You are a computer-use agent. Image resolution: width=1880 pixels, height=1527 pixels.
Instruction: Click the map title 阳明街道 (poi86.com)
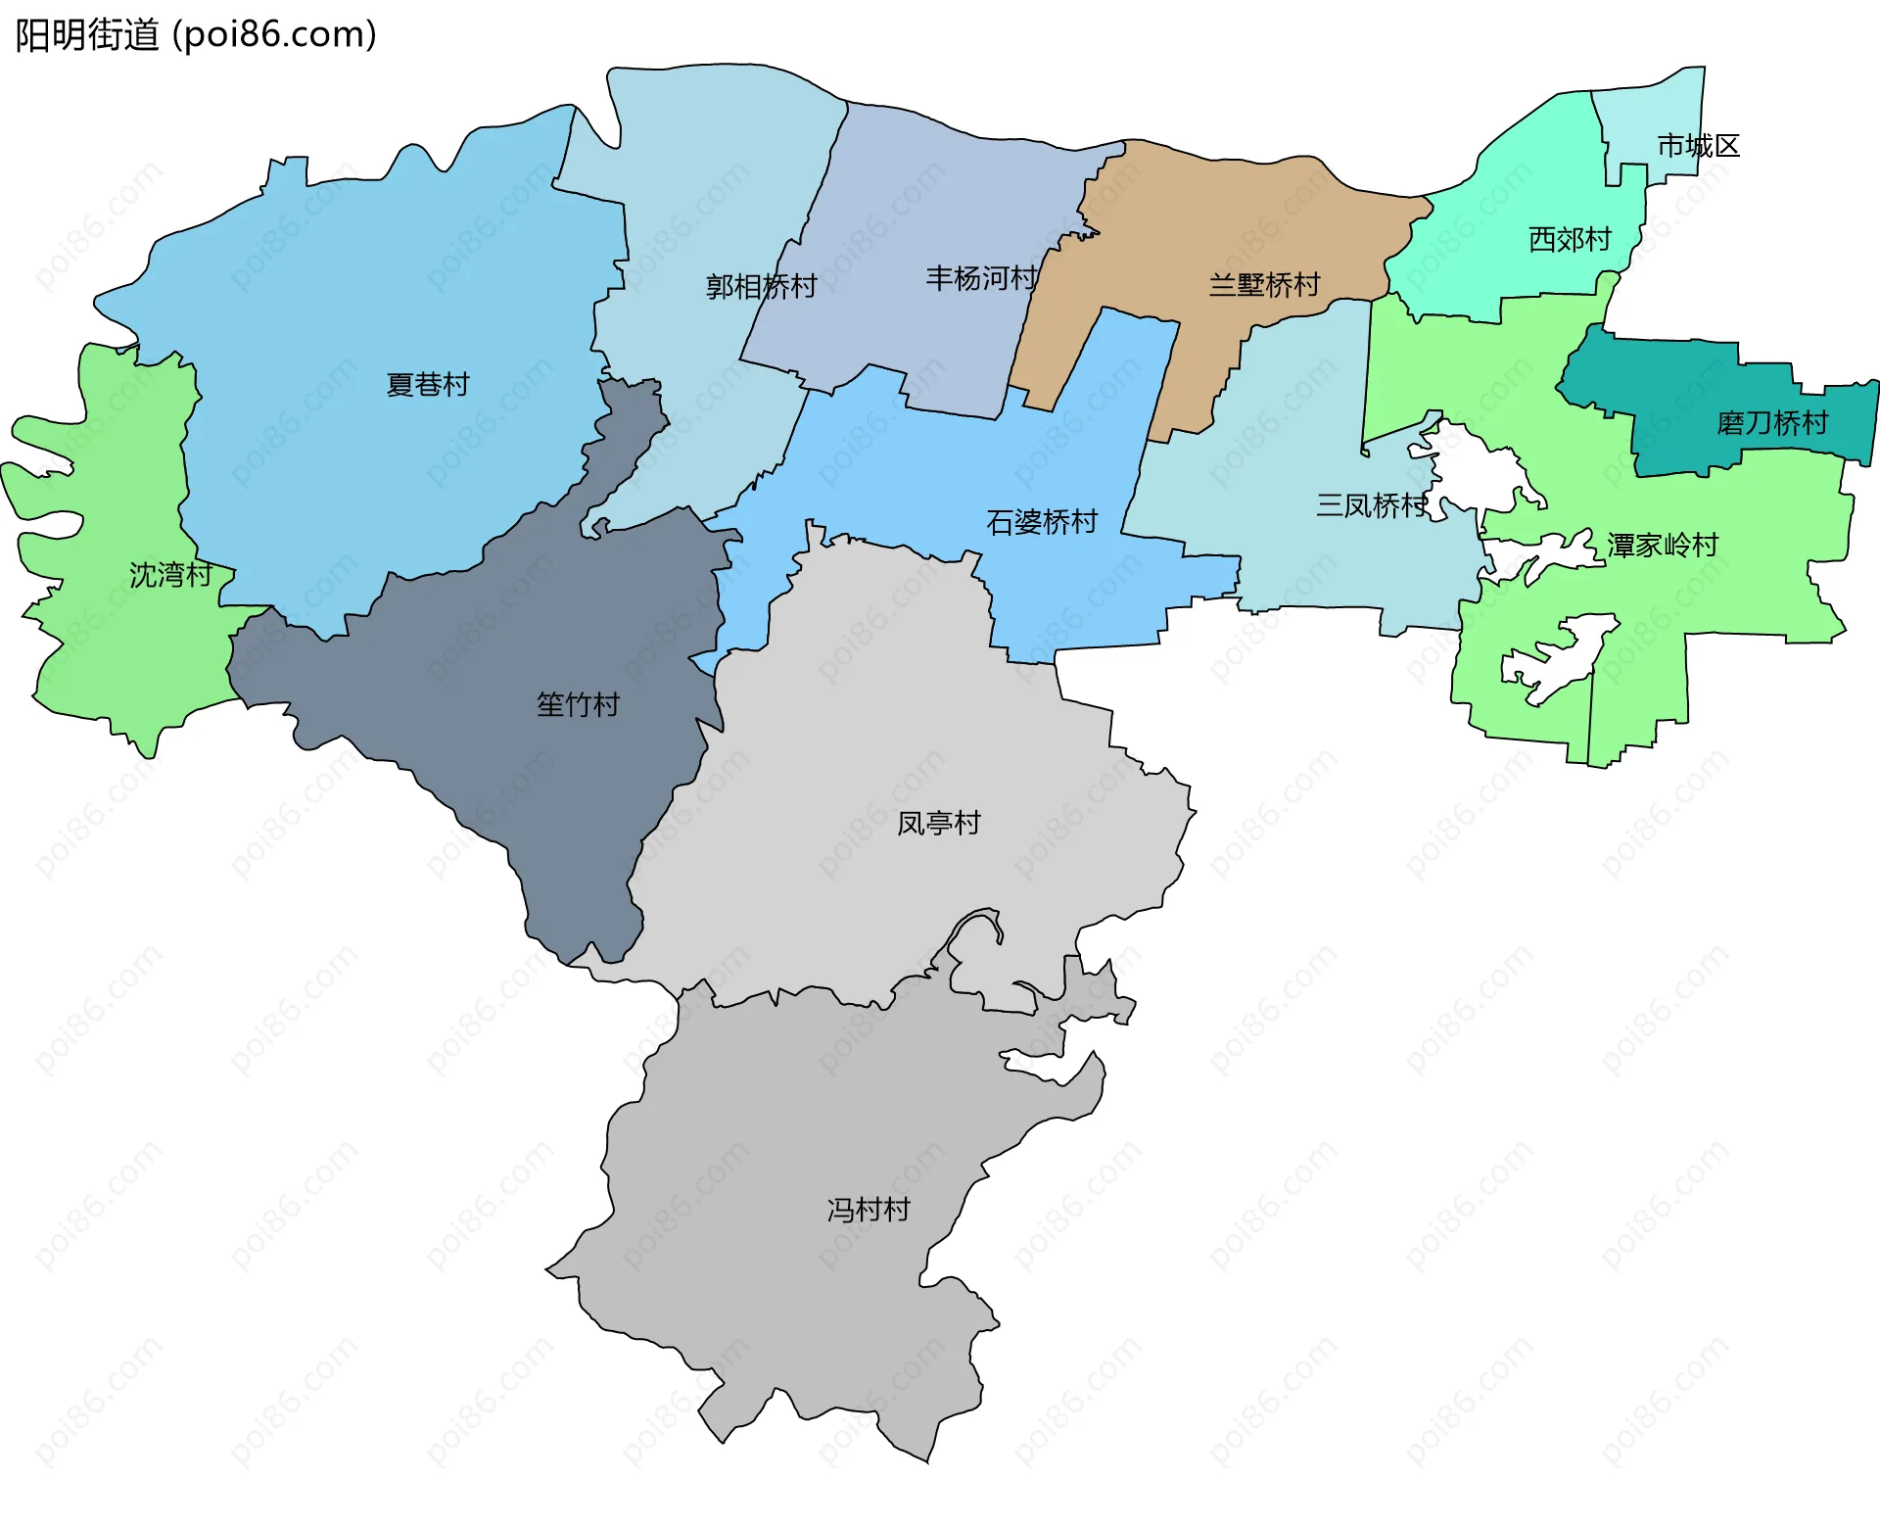point(196,35)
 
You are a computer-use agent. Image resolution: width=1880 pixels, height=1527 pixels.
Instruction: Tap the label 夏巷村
point(428,384)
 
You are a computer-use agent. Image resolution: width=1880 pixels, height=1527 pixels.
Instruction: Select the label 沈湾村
point(170,575)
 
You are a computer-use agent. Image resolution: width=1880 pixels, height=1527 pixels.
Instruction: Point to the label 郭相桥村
point(761,286)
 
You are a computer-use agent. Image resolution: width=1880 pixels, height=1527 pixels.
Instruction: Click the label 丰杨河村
point(981,278)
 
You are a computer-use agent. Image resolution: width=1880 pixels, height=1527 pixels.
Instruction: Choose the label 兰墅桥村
point(1264,285)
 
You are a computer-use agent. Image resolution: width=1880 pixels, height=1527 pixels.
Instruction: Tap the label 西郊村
point(1570,239)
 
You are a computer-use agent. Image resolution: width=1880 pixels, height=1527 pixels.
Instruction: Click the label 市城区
point(1698,146)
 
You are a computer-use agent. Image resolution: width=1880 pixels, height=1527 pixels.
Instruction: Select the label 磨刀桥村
point(1772,423)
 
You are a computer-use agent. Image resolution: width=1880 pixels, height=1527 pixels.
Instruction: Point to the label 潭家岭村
point(1663,545)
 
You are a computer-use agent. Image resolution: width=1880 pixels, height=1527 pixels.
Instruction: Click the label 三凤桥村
point(1371,505)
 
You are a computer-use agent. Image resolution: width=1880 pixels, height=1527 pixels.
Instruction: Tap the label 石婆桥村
point(1042,522)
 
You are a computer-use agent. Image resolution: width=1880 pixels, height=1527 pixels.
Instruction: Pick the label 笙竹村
point(578,704)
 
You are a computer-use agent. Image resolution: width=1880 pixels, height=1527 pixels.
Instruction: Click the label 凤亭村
point(938,823)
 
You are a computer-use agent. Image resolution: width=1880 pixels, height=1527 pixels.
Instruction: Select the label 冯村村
point(868,1210)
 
